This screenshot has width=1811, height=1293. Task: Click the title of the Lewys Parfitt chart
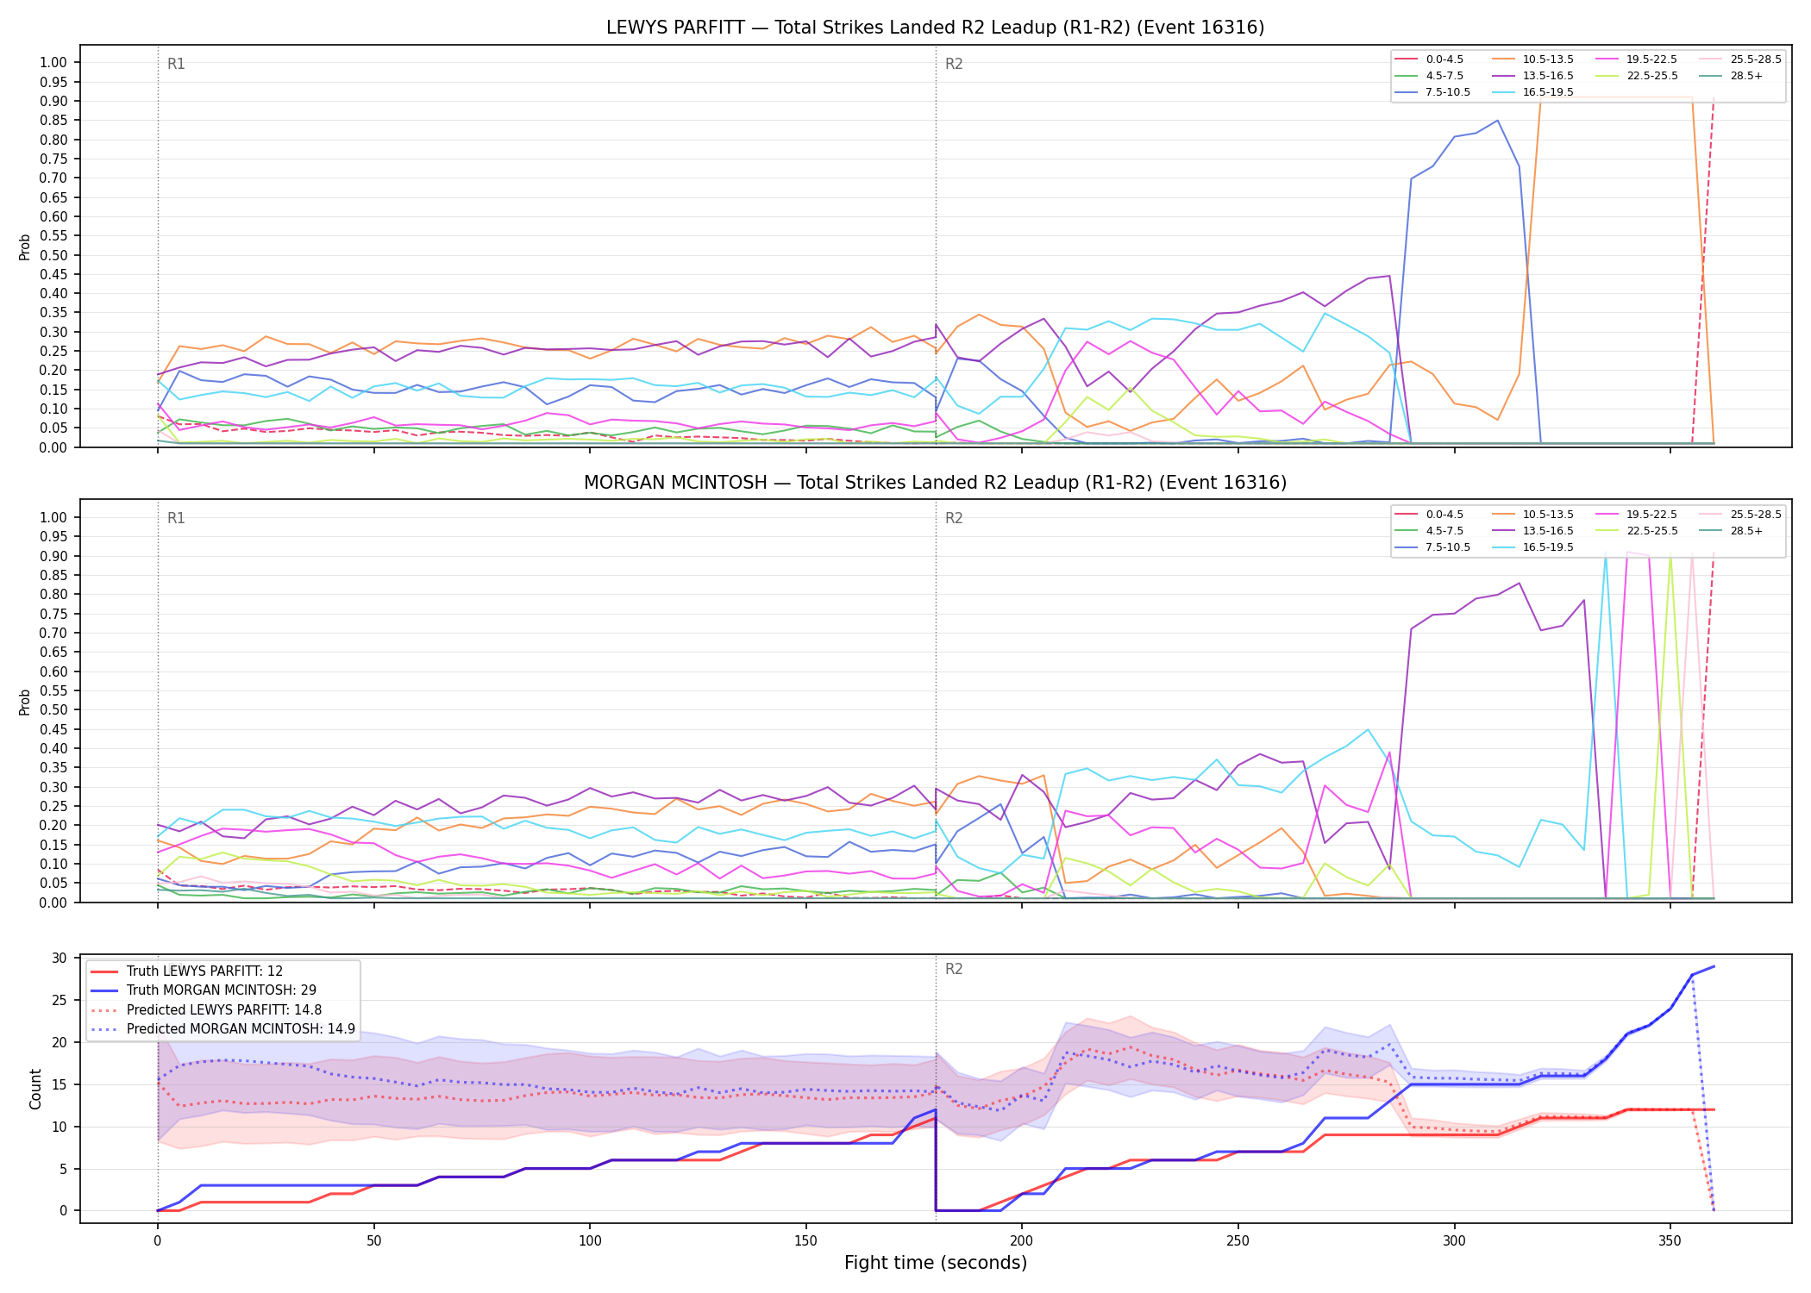point(935,28)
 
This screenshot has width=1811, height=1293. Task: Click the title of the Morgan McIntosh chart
point(935,483)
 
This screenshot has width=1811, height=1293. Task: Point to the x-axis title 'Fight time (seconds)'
point(936,1263)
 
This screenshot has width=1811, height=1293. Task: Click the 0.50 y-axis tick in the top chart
point(53,255)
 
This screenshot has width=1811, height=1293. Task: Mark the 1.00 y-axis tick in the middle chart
point(53,517)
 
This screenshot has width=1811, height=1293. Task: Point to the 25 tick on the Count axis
point(60,1000)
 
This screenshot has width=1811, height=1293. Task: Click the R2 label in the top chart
point(954,64)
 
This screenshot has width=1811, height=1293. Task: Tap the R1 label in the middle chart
point(176,518)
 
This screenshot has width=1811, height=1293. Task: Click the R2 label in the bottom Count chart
point(954,969)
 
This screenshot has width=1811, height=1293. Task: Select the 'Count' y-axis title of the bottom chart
point(35,1089)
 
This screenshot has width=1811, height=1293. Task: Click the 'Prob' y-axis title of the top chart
point(25,247)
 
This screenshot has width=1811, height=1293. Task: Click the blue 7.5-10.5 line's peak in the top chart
point(1497,120)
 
